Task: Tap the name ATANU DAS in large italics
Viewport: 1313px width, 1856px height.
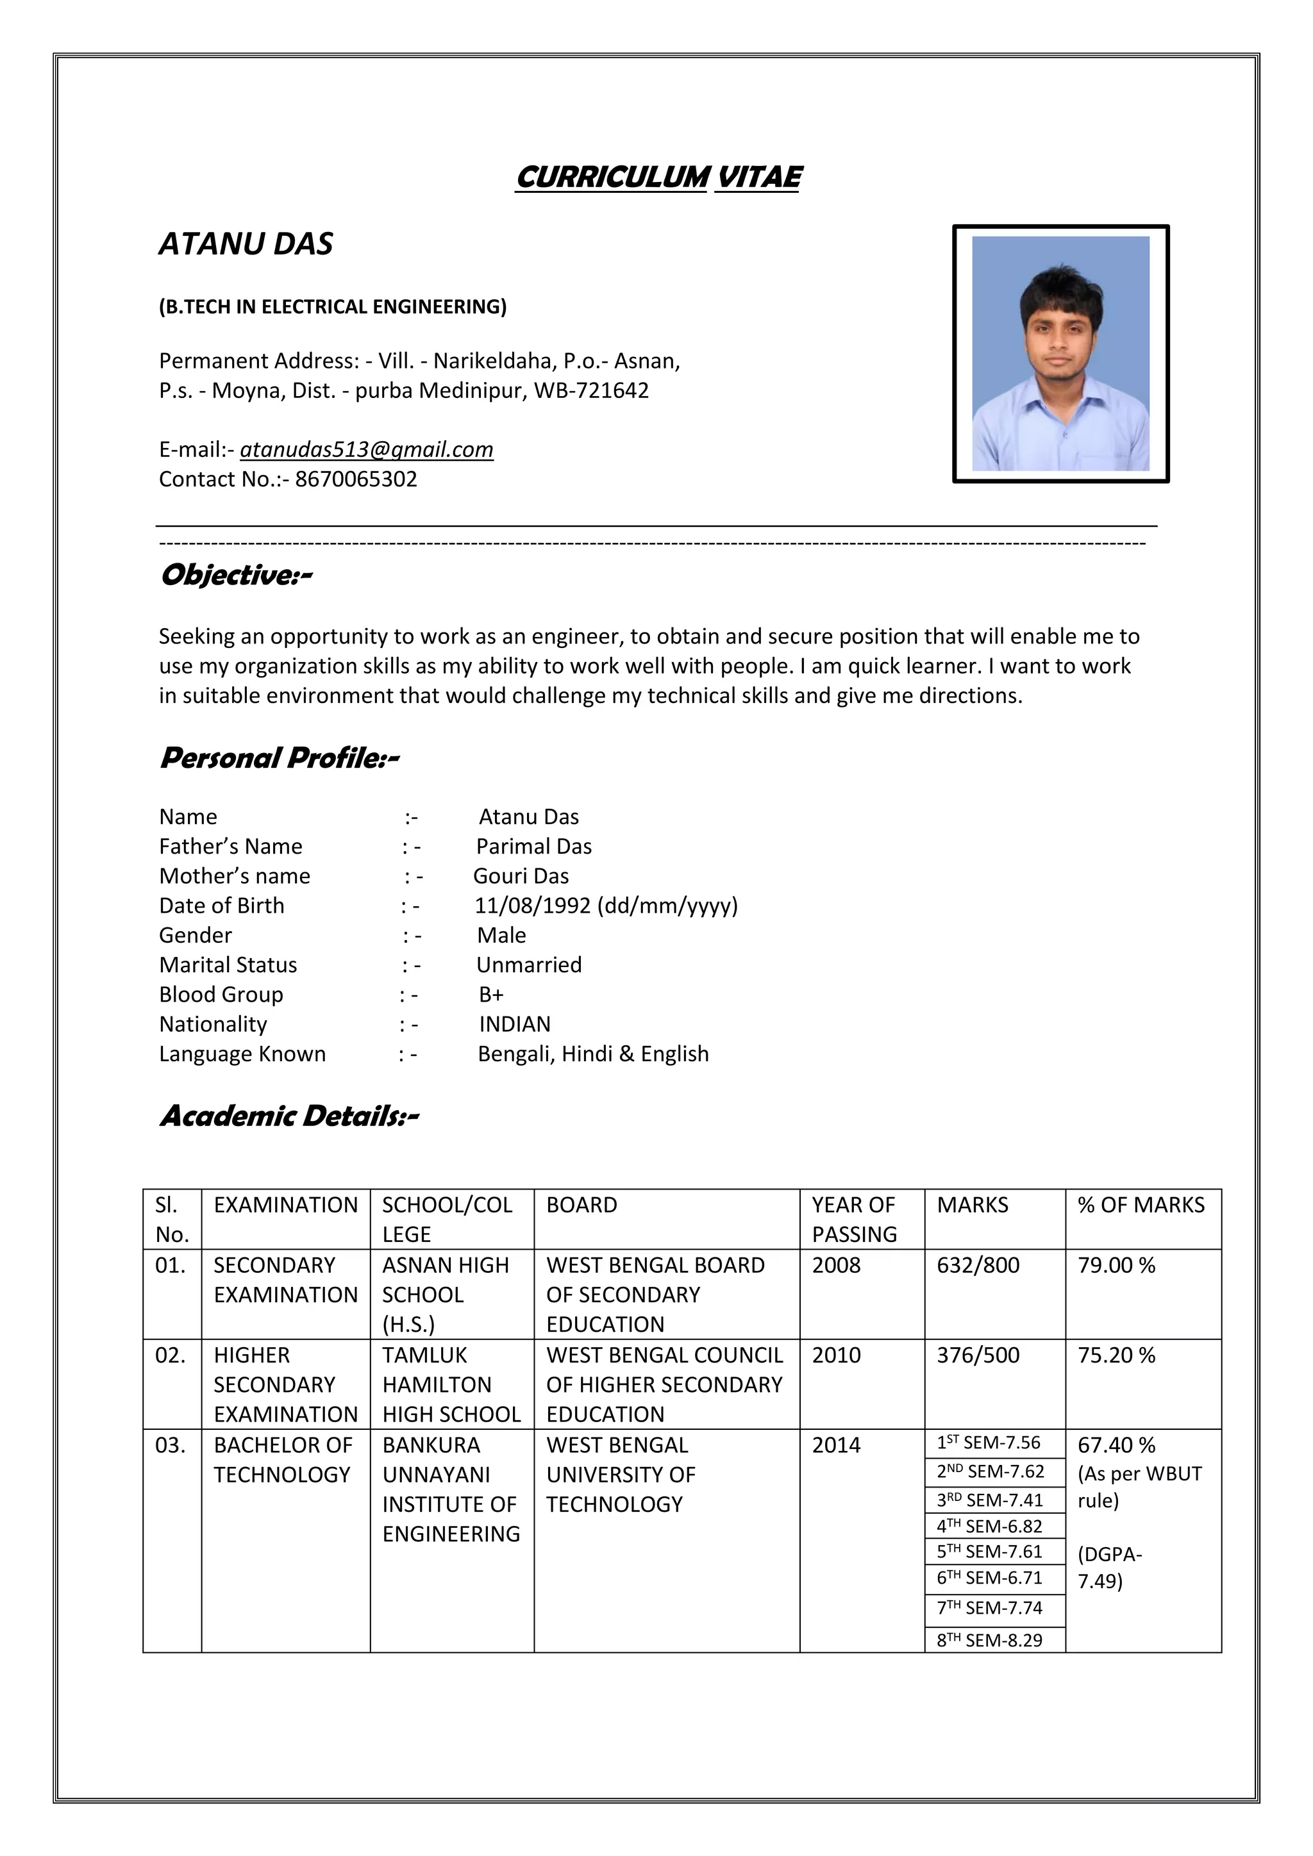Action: tap(246, 244)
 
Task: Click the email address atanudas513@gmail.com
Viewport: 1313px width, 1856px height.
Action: tap(366, 449)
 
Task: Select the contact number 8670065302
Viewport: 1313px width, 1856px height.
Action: tap(356, 479)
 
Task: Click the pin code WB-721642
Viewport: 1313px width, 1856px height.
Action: tap(591, 390)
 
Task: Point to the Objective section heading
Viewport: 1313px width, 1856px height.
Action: tap(235, 576)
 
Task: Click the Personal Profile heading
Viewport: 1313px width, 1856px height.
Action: tap(279, 758)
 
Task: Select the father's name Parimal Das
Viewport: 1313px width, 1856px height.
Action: tap(533, 847)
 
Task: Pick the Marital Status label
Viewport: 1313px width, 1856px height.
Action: tap(228, 965)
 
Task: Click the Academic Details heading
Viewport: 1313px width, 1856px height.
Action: tap(289, 1116)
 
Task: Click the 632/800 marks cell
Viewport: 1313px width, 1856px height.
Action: tap(978, 1265)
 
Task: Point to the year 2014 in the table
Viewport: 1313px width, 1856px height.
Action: tap(836, 1445)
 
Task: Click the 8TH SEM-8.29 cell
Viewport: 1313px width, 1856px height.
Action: tap(990, 1640)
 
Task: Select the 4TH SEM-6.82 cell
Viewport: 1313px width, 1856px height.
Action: tap(990, 1526)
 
